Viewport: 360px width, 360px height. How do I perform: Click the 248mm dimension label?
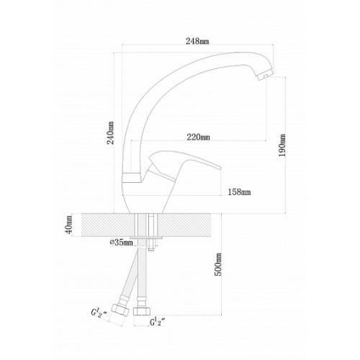[197, 41]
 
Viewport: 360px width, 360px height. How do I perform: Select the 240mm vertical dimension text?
[111, 132]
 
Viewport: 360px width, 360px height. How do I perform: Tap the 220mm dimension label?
[198, 137]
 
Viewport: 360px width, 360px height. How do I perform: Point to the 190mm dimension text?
[282, 145]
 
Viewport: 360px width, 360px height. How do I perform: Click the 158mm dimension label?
[239, 192]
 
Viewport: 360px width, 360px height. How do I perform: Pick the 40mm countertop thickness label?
[69, 225]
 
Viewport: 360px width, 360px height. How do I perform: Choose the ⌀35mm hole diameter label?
[121, 243]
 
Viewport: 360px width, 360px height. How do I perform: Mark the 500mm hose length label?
[218, 264]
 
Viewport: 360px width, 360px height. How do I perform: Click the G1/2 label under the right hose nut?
[158, 322]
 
